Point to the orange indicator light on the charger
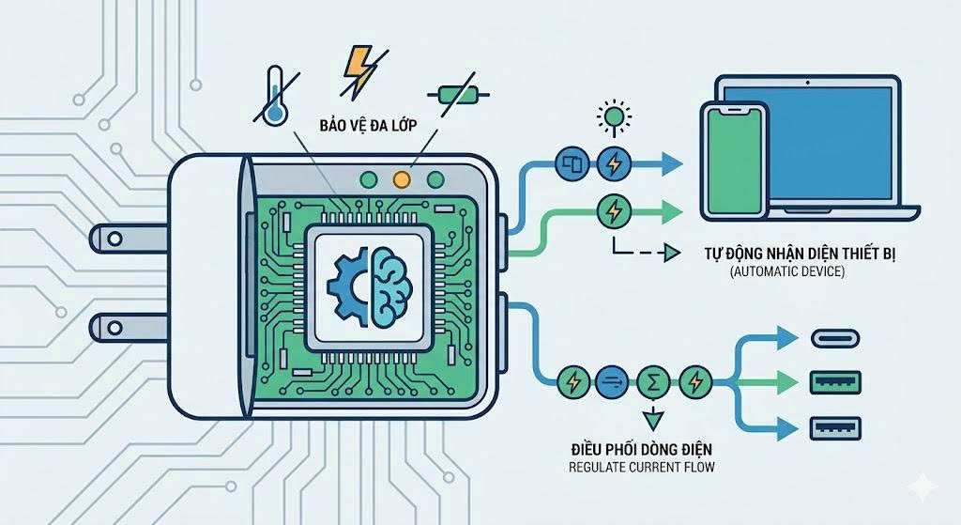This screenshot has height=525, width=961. coord(402,178)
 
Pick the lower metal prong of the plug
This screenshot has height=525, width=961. coord(128,328)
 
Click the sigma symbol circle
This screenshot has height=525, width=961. coord(649,381)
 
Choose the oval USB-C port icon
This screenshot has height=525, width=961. coord(833,338)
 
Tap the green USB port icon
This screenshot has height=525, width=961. coord(833,381)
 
